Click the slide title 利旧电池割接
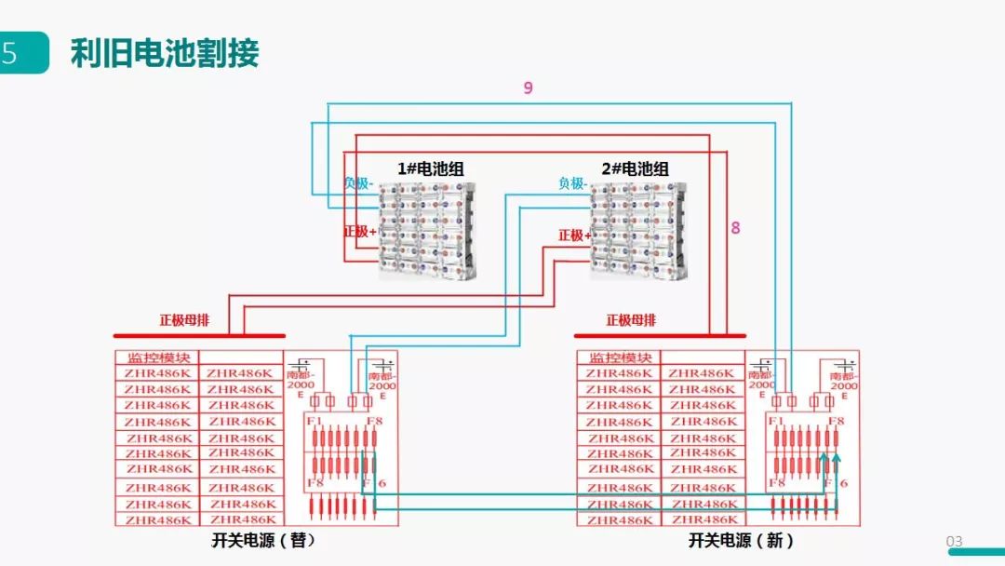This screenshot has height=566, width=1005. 165,54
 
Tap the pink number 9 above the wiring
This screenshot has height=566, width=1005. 528,88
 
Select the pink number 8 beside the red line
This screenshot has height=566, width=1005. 735,227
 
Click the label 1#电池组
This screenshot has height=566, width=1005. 430,168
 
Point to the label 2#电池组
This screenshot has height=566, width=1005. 635,168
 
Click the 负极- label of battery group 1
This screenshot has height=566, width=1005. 359,183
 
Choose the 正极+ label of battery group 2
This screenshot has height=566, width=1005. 574,236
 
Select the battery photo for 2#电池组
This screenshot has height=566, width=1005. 641,230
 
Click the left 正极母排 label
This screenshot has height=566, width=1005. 184,320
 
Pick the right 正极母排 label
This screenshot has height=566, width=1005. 632,320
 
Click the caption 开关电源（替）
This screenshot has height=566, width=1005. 263,540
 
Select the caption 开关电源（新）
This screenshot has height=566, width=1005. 742,540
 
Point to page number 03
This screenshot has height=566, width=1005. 954,541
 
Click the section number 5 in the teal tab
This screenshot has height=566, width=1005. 10,54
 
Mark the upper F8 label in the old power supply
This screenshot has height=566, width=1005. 374,422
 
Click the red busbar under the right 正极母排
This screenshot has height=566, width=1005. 660,335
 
